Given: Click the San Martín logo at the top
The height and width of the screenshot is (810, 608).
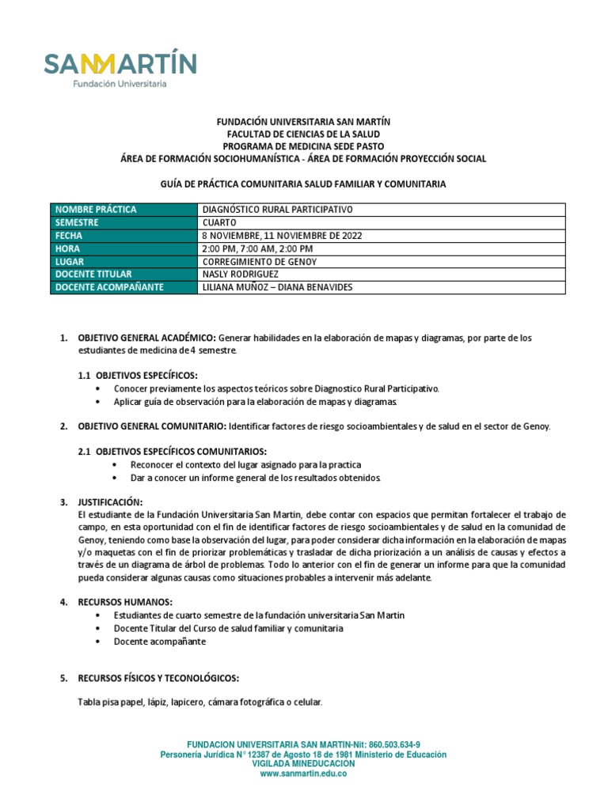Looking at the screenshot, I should tap(120, 69).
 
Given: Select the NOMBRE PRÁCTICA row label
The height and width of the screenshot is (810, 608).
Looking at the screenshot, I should tap(95, 210).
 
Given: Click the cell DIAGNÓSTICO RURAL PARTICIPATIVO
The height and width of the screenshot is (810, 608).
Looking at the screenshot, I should tap(277, 210).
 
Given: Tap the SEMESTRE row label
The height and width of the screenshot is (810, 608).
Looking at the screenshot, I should tap(78, 222).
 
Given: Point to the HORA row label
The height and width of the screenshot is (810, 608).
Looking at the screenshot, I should tap(69, 248).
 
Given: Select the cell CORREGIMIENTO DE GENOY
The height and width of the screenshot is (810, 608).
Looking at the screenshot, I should tap(264, 261).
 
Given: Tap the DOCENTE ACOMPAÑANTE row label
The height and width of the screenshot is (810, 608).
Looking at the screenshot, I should tap(109, 287).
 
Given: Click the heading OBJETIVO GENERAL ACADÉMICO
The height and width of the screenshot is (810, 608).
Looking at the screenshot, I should tap(146, 338).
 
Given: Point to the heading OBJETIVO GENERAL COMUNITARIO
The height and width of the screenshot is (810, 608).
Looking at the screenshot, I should tap(151, 426).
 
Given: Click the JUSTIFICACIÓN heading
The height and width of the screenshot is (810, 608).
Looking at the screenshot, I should tap(110, 502).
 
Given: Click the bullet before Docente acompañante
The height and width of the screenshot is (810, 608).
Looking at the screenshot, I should tap(97, 642).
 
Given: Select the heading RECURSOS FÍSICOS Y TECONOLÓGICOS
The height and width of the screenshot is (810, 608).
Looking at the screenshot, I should tap(158, 679).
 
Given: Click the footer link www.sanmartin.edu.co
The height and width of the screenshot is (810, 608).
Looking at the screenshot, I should tap(303, 774).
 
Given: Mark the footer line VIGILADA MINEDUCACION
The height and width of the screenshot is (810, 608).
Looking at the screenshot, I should tap(303, 764).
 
